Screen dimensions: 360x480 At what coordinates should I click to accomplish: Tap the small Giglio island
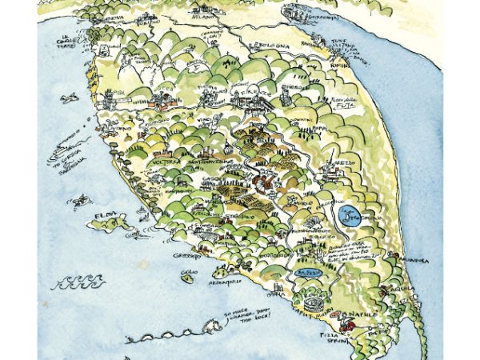189,277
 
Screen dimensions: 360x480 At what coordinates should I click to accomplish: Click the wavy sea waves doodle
78,282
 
